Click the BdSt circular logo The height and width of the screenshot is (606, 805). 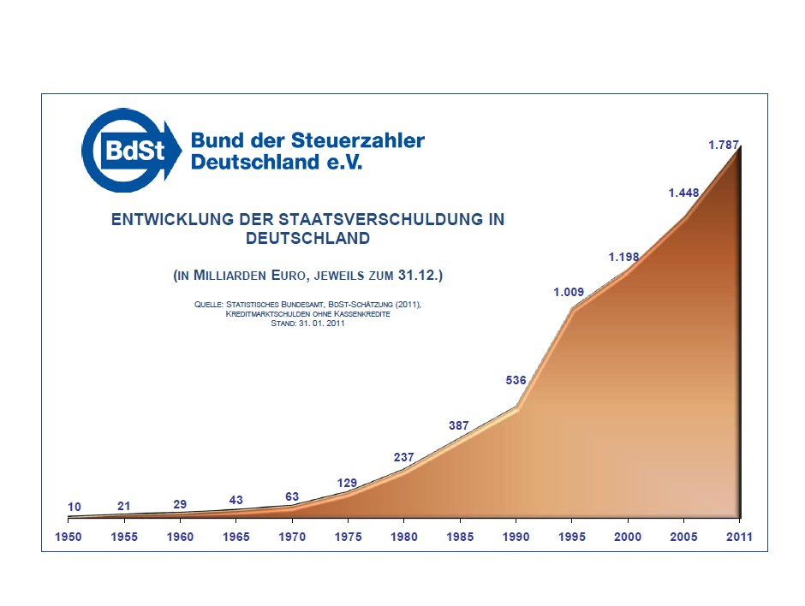131,151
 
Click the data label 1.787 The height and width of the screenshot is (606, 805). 724,146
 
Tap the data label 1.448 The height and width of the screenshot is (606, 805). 684,193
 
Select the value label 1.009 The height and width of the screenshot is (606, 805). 569,292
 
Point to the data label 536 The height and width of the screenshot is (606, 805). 516,380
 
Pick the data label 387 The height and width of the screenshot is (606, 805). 460,425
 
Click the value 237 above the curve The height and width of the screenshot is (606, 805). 404,458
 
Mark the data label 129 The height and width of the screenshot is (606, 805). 347,484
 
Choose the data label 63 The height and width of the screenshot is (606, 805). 292,496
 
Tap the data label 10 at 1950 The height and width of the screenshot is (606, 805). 75,508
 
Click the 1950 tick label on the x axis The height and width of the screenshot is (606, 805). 68,537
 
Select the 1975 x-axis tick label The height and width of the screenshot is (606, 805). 348,537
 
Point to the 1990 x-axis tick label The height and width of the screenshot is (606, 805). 516,537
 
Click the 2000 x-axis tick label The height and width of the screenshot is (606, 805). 628,537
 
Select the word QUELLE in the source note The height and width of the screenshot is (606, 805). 209,305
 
